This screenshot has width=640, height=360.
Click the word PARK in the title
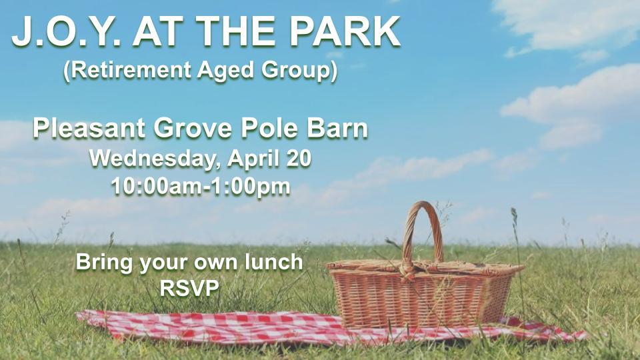[345, 32]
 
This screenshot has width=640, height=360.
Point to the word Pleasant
[89, 128]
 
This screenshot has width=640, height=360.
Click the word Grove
[193, 129]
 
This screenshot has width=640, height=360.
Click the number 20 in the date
[299, 159]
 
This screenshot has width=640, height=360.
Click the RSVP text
[189, 288]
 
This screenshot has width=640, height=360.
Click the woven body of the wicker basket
[421, 298]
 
